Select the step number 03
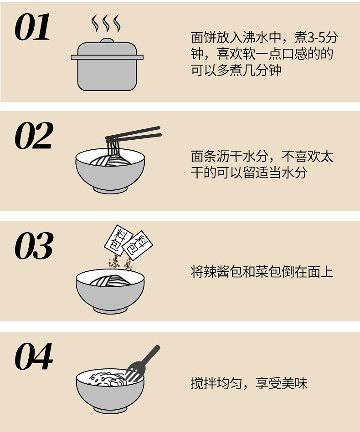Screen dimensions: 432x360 34,246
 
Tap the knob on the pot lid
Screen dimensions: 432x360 107,41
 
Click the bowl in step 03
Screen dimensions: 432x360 110,291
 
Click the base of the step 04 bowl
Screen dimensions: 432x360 110,408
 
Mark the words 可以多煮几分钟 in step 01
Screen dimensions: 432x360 236,71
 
